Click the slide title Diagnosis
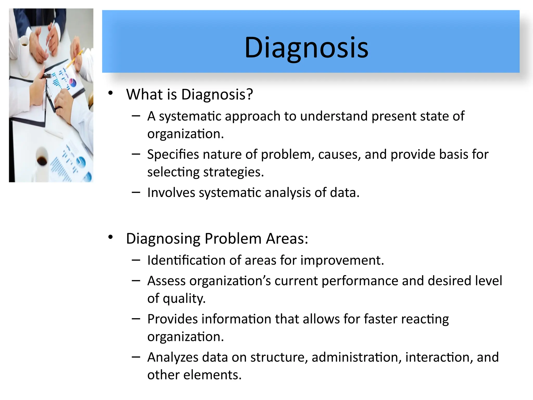pos(306,48)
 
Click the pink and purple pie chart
pos(73,83)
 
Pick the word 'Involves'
pos(171,193)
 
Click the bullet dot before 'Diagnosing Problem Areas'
pos(111,237)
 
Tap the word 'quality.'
pos(184,298)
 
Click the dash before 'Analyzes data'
pos(136,357)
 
